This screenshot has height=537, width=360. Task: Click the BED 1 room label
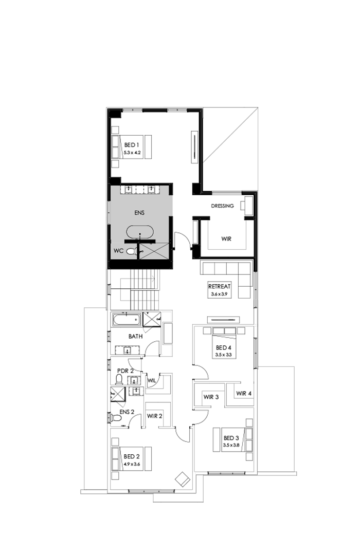tap(132, 145)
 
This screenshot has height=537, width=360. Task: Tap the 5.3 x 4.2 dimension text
tap(132, 153)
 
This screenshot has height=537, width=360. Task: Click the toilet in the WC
tap(132, 252)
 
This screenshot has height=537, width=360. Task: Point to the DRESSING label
tap(222, 206)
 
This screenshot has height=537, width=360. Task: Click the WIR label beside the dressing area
tap(226, 239)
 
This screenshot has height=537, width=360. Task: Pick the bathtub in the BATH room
tap(126, 320)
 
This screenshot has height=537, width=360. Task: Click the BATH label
tap(135, 337)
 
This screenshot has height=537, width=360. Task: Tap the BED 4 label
tap(222, 347)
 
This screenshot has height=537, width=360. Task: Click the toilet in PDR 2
tap(119, 380)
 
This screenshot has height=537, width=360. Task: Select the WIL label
tap(152, 381)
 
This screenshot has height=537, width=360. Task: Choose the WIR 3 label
tap(211, 397)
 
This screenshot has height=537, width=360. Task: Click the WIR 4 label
tap(244, 394)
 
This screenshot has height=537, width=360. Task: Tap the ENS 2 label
tap(127, 412)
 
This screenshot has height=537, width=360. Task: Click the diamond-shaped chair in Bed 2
tap(182, 478)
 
